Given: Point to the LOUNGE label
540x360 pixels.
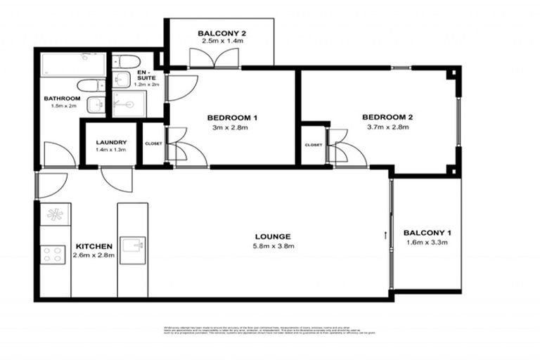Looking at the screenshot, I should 274,236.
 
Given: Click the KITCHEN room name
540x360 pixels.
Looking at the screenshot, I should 94,246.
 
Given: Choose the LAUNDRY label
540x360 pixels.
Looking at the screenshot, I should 110,141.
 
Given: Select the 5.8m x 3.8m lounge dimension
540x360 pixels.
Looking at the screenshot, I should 274,246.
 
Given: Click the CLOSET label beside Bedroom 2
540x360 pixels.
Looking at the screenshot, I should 314,145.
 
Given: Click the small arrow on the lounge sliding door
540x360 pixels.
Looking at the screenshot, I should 385,234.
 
